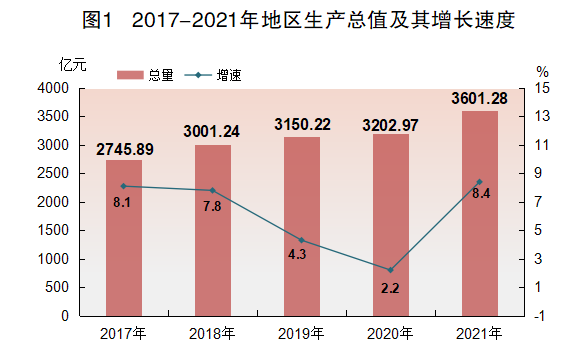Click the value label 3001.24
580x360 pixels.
tap(213, 130)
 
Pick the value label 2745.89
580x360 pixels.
tap(124, 150)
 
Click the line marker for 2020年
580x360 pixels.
tap(390, 270)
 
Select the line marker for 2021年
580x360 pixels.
tap(479, 182)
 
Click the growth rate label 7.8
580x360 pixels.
tap(213, 206)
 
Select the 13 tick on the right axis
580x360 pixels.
tap(541, 117)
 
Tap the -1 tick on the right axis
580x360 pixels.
tap(541, 316)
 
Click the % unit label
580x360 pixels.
tap(541, 72)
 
